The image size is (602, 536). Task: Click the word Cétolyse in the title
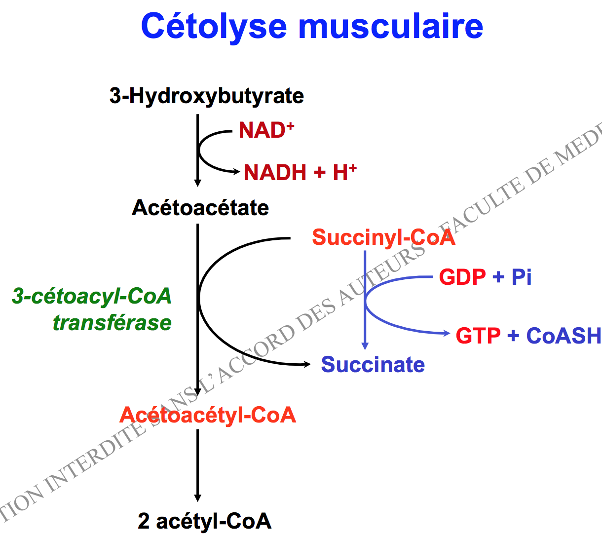click(x=214, y=26)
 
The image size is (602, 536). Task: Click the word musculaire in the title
click(x=391, y=26)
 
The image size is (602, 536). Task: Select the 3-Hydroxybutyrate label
click(x=206, y=96)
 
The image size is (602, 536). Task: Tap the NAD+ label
click(x=266, y=130)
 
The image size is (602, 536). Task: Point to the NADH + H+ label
click(x=300, y=172)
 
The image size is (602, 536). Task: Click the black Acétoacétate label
click(x=200, y=208)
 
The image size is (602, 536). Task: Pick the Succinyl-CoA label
click(x=383, y=237)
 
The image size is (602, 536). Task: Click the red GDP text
click(x=462, y=277)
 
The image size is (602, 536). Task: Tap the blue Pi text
click(x=522, y=277)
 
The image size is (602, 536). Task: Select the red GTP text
click(x=478, y=336)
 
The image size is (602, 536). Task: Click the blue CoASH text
click(x=564, y=336)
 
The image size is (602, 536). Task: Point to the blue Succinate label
click(x=373, y=365)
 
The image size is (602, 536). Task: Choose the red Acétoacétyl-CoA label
click(x=208, y=415)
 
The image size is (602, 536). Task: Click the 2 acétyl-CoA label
click(x=204, y=521)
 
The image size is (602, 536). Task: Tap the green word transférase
click(x=112, y=323)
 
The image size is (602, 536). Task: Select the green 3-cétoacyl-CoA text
click(x=92, y=296)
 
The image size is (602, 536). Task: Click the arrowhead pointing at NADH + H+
click(x=236, y=172)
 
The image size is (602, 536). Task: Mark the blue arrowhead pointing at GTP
click(x=447, y=334)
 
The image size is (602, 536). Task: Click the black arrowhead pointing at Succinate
click(x=307, y=364)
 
